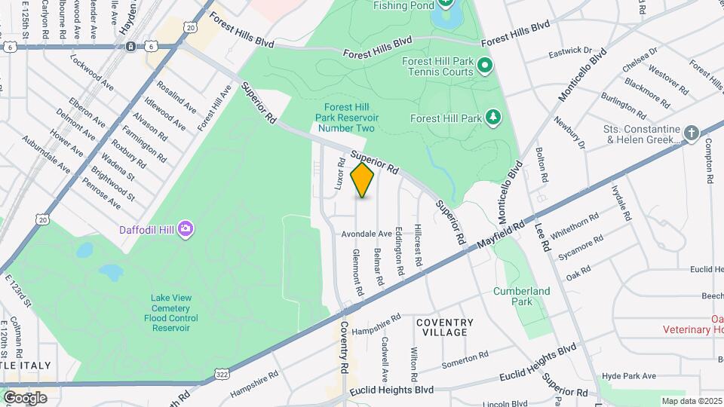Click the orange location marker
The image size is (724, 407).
[x=362, y=181]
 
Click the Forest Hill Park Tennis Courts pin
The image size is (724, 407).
[x=486, y=67]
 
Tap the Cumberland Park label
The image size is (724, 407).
[x=521, y=296]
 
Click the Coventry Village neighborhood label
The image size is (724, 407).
[x=445, y=327]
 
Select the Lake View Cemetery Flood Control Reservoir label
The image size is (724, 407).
[x=170, y=313]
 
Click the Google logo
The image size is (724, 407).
[x=25, y=397]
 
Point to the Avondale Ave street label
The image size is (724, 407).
[x=367, y=234]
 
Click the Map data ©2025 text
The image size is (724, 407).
[x=691, y=400]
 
